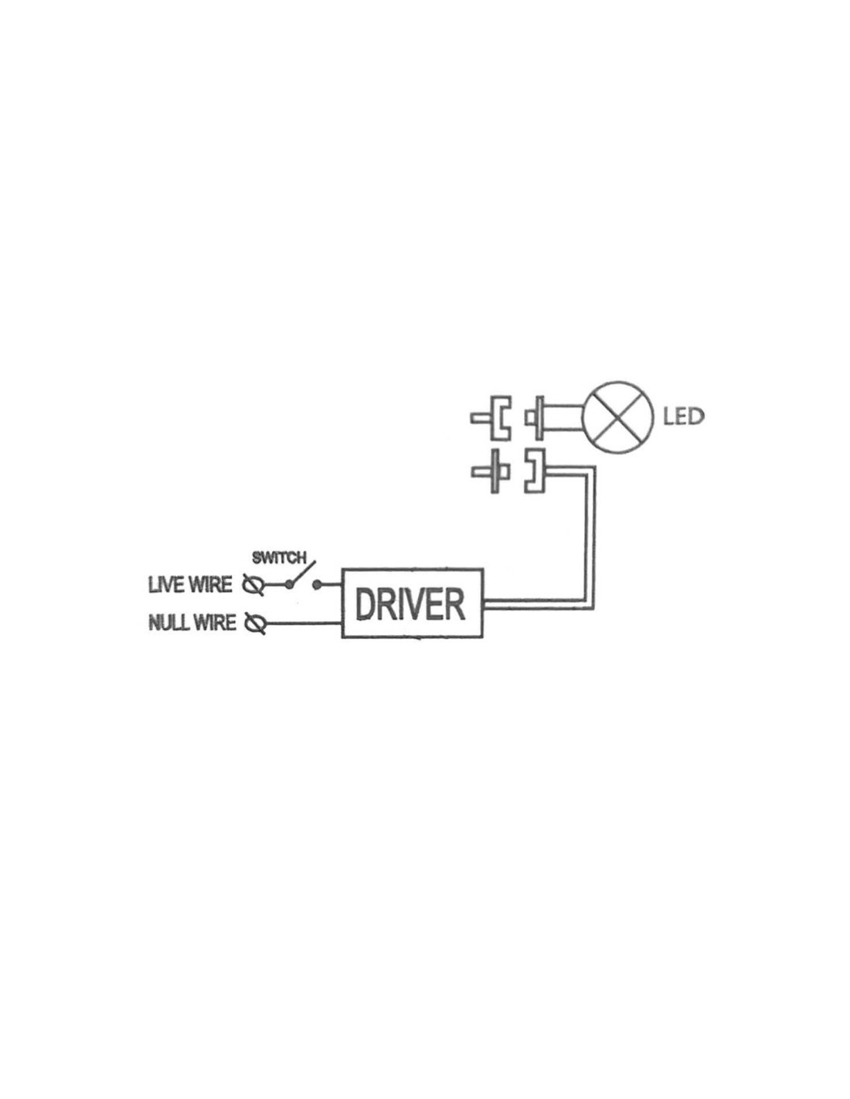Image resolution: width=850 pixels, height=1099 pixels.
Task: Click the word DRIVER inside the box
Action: tap(410, 604)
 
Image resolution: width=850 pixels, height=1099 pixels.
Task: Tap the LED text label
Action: tap(683, 417)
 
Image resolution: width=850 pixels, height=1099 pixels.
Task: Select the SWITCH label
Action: tap(279, 557)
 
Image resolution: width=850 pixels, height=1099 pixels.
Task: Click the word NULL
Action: tap(169, 622)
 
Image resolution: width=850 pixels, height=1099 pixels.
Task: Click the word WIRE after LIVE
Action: tap(211, 585)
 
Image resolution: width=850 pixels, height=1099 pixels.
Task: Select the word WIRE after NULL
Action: tap(215, 622)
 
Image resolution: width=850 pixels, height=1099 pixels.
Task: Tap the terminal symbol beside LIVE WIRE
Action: tap(253, 585)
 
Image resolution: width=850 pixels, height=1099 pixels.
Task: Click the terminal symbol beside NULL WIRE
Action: tap(255, 623)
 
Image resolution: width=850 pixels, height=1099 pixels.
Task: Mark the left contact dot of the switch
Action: tap(289, 585)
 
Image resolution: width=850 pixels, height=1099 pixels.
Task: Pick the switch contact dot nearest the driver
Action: tap(317, 585)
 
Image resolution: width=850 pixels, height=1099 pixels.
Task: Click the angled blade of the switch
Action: tap(302, 573)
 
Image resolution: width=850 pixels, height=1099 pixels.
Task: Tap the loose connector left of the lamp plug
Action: tap(491, 418)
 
